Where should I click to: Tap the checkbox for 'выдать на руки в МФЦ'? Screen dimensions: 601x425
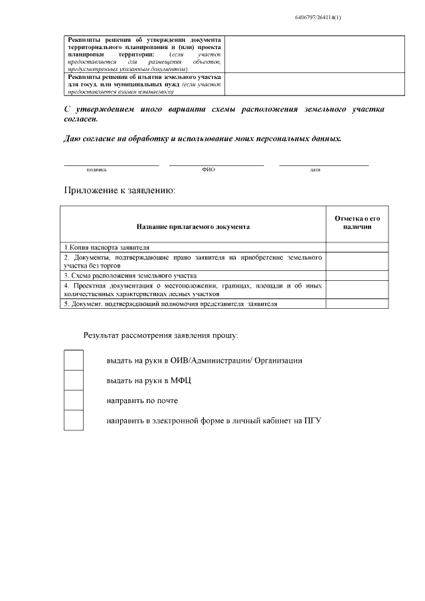74,381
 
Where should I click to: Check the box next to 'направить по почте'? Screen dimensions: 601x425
74,400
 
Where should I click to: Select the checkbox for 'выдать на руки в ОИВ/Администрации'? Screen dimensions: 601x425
74,361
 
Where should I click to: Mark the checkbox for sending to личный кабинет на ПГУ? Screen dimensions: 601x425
74,420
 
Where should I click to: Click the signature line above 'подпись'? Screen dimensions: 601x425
112,163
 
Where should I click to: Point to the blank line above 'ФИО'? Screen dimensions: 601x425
216,163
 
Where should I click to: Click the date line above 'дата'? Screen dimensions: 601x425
323,163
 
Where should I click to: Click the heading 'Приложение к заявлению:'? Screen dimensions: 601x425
120,191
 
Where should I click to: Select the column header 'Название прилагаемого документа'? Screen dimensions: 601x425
193,226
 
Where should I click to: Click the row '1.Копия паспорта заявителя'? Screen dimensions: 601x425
106,246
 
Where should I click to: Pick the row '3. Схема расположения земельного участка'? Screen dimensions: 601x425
130,275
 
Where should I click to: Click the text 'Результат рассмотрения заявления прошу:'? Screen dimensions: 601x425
161,335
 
